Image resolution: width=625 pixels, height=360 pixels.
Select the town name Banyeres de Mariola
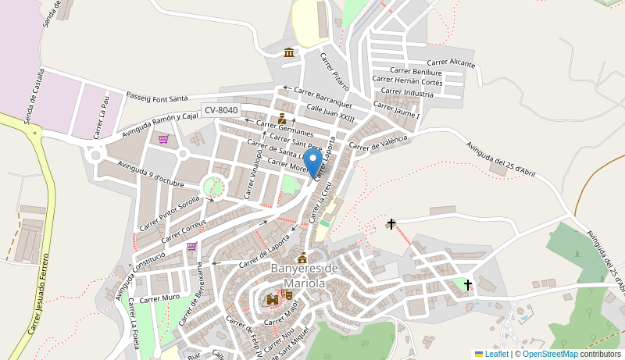(304, 276)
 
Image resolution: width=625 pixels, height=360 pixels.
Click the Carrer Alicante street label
(451, 62)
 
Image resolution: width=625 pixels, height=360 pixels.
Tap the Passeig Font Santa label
(156, 98)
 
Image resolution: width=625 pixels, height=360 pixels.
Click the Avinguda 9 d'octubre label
(150, 173)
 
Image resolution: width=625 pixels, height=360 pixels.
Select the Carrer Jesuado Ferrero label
(38, 294)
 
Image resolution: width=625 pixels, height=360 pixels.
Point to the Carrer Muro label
(159, 298)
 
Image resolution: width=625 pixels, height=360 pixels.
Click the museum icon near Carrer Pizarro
(289, 52)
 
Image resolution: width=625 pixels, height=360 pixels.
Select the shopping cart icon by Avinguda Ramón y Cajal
(163, 139)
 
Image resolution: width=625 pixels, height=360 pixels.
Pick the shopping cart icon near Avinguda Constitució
(191, 246)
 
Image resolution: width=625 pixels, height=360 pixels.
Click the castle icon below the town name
(273, 299)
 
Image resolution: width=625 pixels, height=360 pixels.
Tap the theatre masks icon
(287, 294)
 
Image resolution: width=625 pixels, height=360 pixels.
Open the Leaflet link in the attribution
(496, 354)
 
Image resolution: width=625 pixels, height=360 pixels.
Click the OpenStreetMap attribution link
(550, 354)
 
